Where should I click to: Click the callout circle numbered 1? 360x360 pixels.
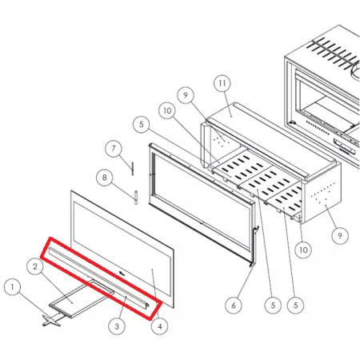(x=12, y=287)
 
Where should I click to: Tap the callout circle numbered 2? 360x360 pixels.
(x=35, y=266)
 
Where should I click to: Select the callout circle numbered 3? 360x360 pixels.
(x=117, y=326)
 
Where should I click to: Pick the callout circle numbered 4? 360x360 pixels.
(x=159, y=326)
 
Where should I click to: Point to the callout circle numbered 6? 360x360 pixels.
(x=234, y=306)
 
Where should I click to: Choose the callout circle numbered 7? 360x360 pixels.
(x=114, y=149)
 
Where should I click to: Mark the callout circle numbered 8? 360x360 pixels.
(x=104, y=178)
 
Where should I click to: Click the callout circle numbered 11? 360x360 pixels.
(x=222, y=83)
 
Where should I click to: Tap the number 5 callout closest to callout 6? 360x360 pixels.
(x=273, y=306)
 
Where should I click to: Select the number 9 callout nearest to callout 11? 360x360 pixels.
(x=186, y=95)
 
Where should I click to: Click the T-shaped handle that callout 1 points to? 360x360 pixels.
(x=51, y=320)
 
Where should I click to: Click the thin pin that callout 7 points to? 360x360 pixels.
(x=132, y=169)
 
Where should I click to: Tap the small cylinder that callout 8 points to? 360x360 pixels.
(x=136, y=198)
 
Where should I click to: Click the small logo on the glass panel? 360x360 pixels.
(x=122, y=274)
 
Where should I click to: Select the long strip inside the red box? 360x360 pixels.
(x=98, y=278)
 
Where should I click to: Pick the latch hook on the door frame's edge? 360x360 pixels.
(x=256, y=230)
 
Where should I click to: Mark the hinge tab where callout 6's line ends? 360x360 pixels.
(x=250, y=265)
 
